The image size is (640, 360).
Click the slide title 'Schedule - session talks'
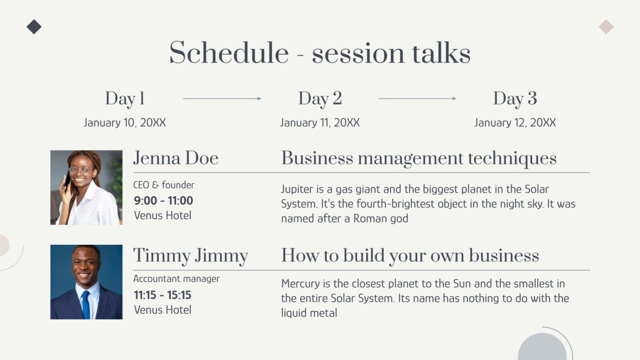[320, 53]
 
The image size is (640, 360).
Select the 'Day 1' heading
[125, 98]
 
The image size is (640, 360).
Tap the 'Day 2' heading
[320, 98]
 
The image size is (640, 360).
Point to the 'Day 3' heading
[515, 98]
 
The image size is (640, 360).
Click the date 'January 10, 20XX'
[125, 123]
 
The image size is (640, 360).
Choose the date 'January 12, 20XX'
[515, 123]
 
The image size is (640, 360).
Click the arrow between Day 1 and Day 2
[222, 98]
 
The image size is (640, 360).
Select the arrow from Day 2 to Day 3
[417, 98]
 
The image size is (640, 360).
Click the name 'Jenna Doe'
[176, 158]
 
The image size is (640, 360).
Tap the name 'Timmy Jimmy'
[190, 255]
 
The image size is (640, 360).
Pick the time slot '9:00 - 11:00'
[164, 200]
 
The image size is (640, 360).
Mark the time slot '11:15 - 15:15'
[163, 295]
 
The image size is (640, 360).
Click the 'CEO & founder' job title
[164, 185]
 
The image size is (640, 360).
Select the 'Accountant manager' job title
[177, 279]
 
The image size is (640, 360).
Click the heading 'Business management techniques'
[419, 158]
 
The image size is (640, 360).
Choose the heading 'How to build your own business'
[410, 255]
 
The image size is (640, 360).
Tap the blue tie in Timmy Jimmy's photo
[86, 304]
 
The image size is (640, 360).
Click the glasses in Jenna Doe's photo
[80, 170]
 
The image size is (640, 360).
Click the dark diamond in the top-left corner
[34, 27]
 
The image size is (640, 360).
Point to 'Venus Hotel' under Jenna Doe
[163, 216]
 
